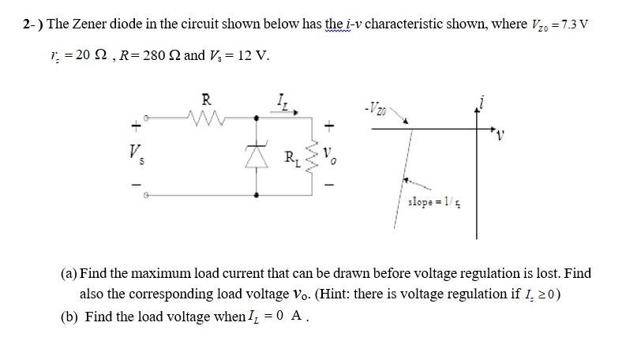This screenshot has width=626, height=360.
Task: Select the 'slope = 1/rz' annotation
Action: pyautogui.click(x=430, y=203)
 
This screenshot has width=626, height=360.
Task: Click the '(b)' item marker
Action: pyautogui.click(x=69, y=317)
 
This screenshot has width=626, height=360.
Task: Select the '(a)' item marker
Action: pyautogui.click(x=69, y=273)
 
